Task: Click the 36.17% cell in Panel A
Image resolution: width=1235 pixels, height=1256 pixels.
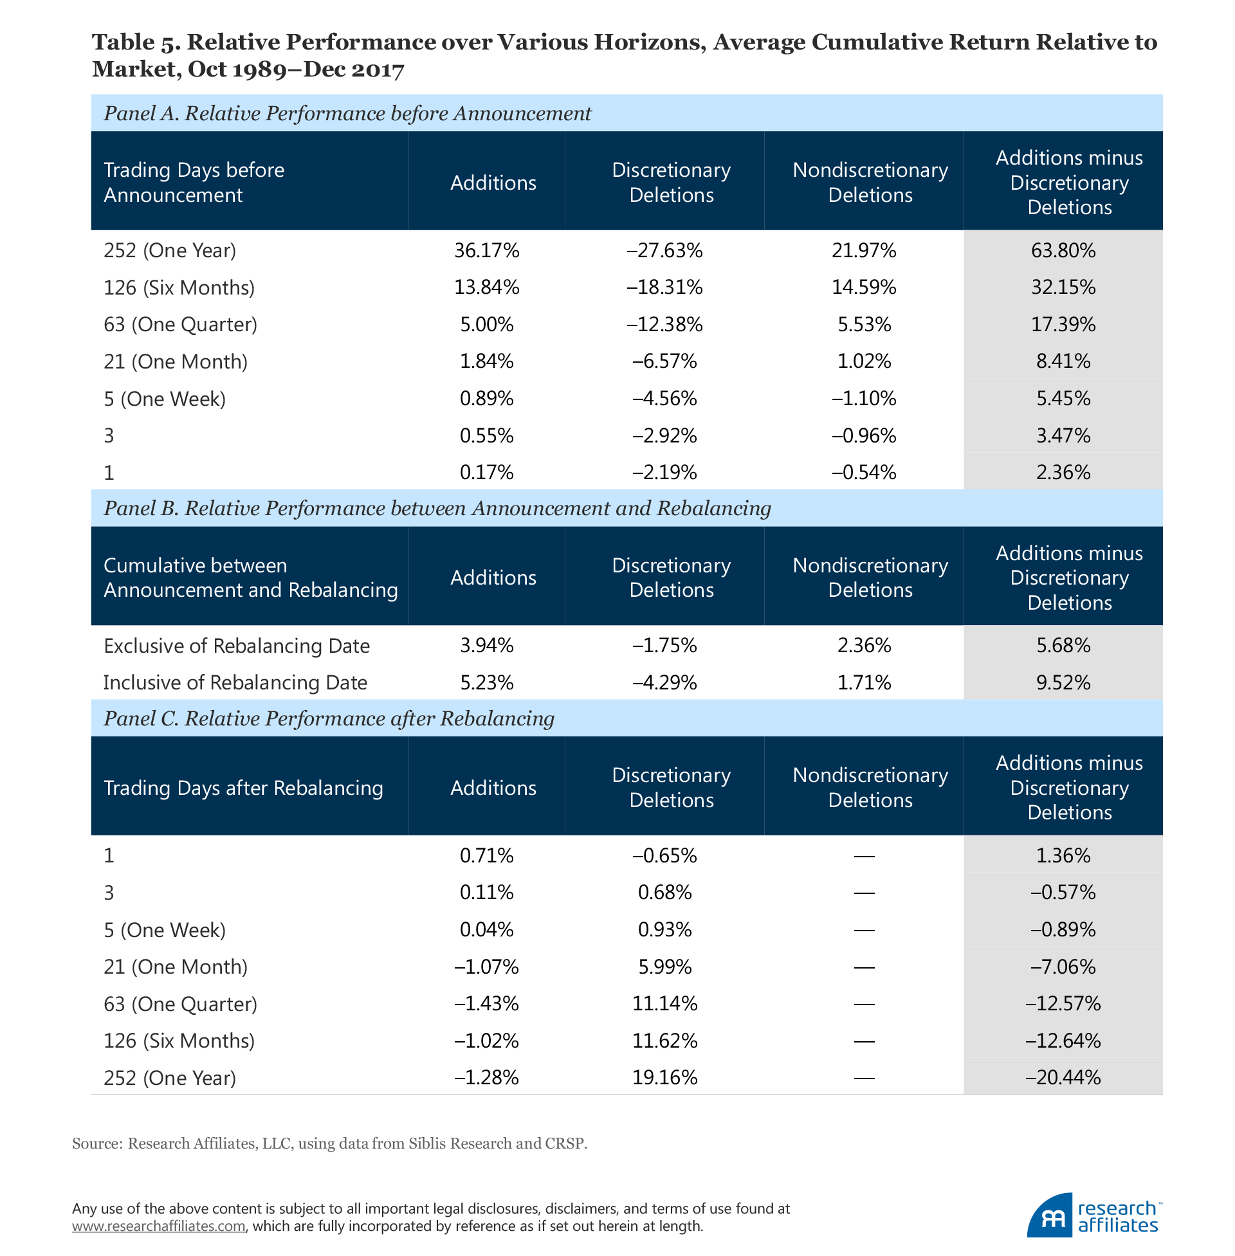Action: [x=486, y=250]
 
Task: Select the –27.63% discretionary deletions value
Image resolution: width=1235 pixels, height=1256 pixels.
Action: [x=665, y=250]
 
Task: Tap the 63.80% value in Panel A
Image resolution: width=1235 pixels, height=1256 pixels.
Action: [x=1063, y=250]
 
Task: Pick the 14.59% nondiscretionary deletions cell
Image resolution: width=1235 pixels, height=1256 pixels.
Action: [x=864, y=287]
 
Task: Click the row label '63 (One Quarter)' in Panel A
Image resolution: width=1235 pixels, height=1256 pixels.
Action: [x=180, y=324]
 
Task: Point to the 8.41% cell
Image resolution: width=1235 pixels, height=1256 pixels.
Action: [x=1063, y=361]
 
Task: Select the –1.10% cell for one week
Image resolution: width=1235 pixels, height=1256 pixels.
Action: [x=864, y=398]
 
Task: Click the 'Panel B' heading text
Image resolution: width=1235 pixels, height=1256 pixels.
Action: [x=140, y=508]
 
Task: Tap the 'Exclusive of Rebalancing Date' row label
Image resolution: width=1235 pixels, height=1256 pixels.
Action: [x=236, y=646]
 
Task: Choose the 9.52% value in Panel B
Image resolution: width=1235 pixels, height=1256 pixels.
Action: [x=1063, y=683]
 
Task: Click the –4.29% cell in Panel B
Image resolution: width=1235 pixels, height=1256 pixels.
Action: [x=665, y=683]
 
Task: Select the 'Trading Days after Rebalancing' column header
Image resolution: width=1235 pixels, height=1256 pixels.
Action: [x=243, y=788]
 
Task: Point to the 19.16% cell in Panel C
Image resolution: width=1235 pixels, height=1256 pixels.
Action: [x=665, y=1078]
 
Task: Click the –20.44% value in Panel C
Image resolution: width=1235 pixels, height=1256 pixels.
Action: [x=1063, y=1078]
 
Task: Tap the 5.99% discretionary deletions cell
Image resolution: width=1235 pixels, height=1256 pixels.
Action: [x=665, y=967]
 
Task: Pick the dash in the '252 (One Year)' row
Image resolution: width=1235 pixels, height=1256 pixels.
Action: [x=864, y=1079]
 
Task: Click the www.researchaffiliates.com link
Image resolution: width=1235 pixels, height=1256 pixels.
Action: [x=159, y=1226]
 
